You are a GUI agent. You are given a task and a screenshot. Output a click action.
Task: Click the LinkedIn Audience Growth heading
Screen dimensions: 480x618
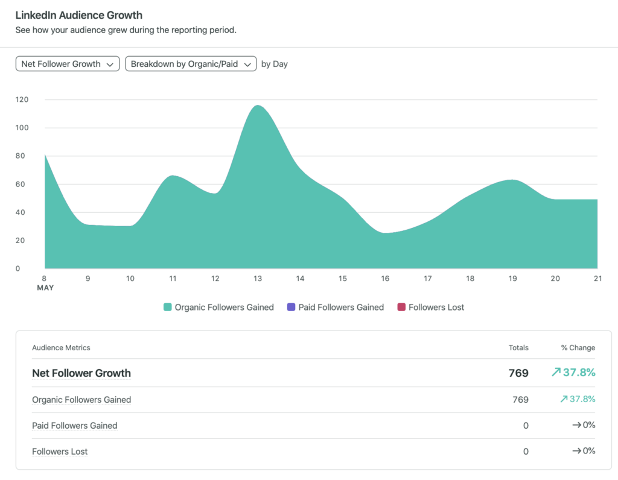tap(79, 14)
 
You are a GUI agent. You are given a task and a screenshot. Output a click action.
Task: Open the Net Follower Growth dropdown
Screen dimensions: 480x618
tap(68, 64)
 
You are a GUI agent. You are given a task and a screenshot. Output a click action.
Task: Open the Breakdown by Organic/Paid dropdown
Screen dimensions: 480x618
tap(191, 64)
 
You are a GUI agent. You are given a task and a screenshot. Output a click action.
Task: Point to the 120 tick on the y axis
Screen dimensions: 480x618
tap(22, 99)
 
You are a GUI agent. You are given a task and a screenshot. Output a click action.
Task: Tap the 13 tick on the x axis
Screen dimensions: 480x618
tap(258, 279)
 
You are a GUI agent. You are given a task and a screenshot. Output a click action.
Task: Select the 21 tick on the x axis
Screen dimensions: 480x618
tap(597, 279)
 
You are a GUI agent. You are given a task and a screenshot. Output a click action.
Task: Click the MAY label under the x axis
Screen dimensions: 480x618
tap(45, 288)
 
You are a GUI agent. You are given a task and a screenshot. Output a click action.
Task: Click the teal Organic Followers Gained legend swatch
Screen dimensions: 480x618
tap(168, 307)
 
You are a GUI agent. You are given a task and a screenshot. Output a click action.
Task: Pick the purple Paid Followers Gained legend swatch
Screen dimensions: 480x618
tap(291, 307)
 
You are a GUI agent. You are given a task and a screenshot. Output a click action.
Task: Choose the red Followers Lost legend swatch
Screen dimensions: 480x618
tap(401, 307)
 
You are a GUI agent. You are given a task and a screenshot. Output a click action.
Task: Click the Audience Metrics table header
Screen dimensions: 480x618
tap(61, 347)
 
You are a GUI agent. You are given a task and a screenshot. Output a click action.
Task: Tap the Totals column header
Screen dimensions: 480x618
tap(518, 347)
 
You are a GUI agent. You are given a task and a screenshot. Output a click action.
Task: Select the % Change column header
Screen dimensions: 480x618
tap(578, 347)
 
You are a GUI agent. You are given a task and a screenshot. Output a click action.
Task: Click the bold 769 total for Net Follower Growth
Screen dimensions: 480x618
tap(518, 373)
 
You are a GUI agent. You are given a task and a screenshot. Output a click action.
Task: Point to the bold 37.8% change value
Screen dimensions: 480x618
tap(578, 373)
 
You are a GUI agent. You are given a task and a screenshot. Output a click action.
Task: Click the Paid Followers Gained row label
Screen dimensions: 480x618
tap(75, 426)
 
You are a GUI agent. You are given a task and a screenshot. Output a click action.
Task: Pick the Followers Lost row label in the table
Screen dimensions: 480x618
tap(60, 451)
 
